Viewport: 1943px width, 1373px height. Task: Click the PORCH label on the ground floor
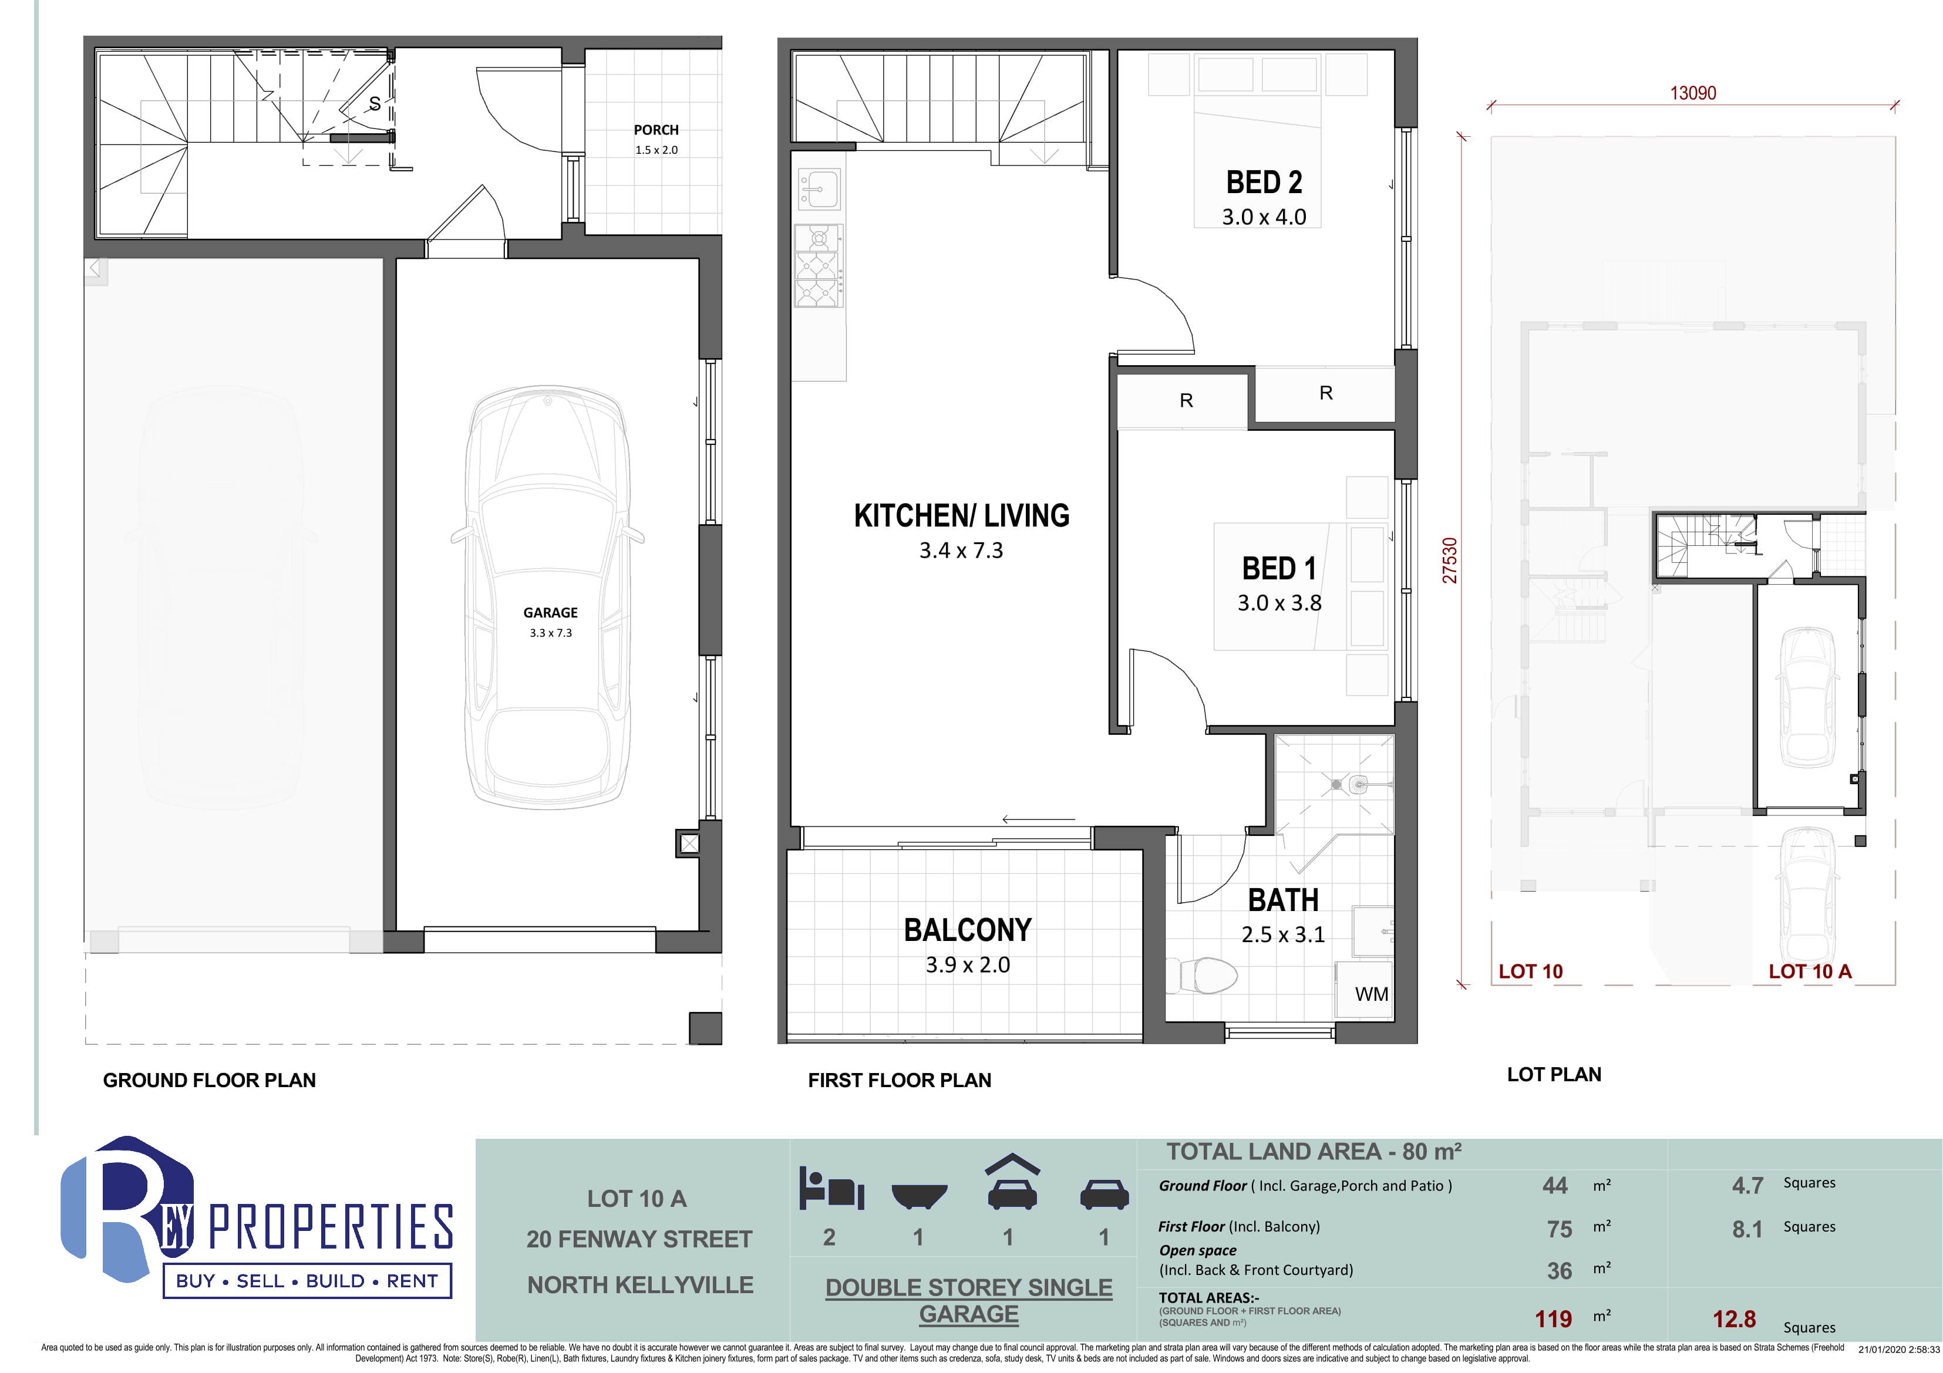[x=656, y=129]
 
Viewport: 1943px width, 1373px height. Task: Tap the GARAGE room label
[x=550, y=612]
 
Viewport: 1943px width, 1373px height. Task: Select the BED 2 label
[x=1264, y=182]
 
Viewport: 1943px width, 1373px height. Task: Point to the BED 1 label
[x=1279, y=568]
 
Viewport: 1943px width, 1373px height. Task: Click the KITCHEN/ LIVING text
[x=961, y=515]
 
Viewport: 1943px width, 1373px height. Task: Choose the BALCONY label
[x=967, y=930]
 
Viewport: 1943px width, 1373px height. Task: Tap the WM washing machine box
[x=1363, y=988]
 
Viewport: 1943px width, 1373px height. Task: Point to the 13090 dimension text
[x=1692, y=93]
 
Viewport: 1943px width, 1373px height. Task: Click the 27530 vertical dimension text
[x=1450, y=560]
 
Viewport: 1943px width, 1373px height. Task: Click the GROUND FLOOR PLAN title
[x=209, y=1080]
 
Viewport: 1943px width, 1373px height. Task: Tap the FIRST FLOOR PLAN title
[x=900, y=1080]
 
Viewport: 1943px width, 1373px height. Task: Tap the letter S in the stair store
[x=374, y=103]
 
